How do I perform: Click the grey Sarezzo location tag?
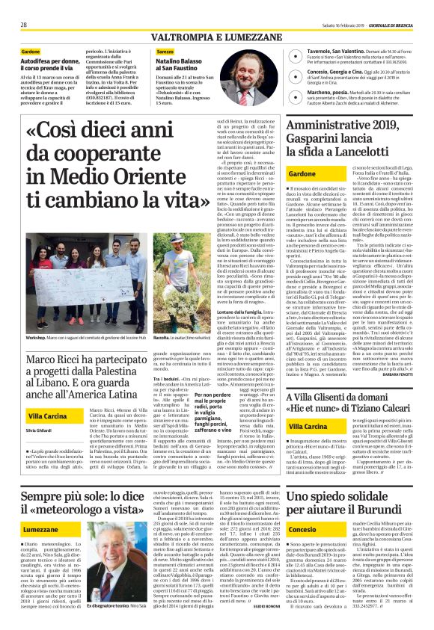pyautogui.click(x=165, y=51)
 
